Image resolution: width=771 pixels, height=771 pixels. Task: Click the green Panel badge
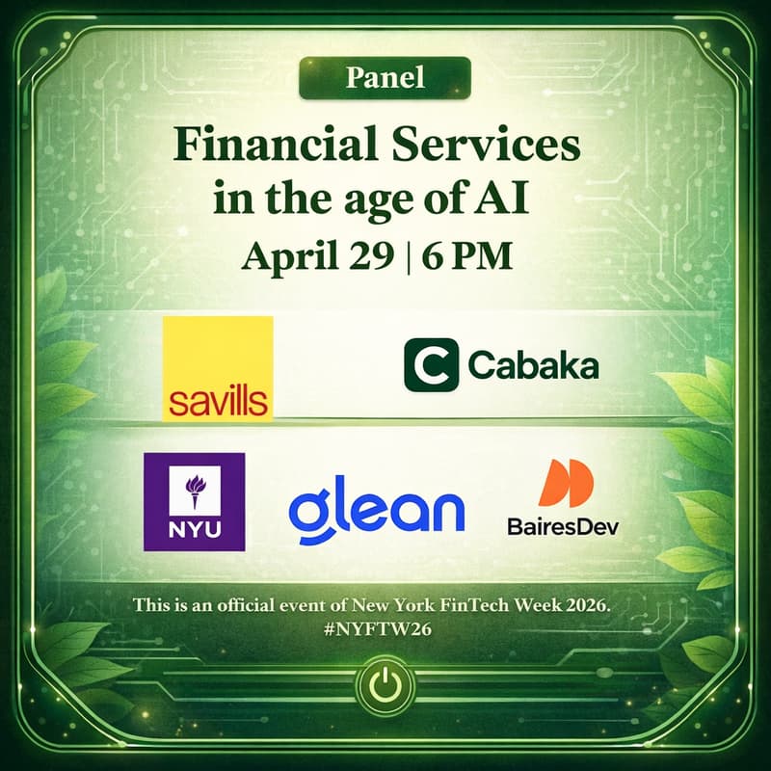[385, 78]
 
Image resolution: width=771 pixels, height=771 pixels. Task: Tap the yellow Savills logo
[217, 368]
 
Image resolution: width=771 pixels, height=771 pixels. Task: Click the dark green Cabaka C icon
[431, 364]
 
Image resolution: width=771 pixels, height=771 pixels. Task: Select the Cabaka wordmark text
[532, 366]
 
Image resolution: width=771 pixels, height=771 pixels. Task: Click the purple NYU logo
[194, 501]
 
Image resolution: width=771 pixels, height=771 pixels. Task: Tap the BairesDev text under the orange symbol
[563, 526]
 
